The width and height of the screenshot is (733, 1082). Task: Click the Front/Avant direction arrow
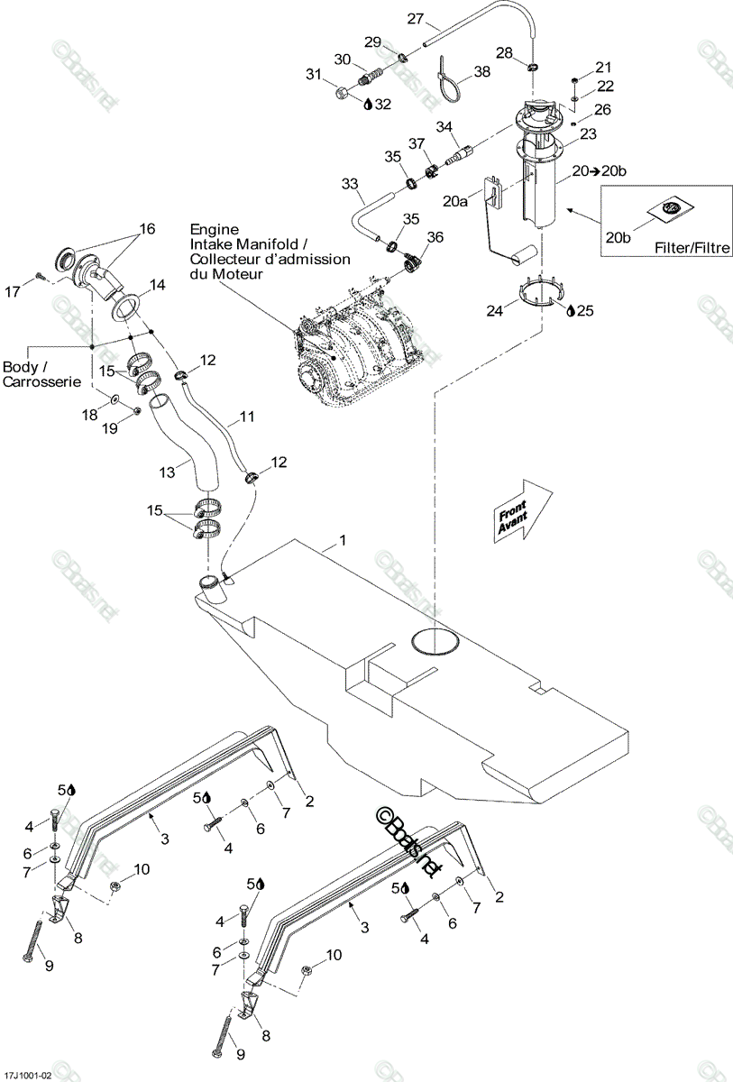[523, 511]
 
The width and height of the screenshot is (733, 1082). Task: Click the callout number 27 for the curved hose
[415, 19]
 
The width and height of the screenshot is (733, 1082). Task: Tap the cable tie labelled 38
[447, 79]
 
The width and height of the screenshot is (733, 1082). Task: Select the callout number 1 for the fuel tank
[343, 540]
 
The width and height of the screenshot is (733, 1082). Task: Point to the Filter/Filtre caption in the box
[692, 248]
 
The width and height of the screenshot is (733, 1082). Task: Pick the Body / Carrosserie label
[41, 374]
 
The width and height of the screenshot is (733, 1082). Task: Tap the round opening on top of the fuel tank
[435, 642]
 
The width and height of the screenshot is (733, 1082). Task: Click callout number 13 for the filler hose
[167, 472]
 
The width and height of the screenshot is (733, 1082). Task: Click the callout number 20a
[455, 201]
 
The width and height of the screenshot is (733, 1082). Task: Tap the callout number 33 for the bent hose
[350, 184]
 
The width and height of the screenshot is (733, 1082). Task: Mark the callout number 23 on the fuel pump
[588, 133]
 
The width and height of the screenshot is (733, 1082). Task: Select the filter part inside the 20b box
[670, 208]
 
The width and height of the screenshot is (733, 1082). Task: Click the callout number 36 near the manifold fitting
[435, 237]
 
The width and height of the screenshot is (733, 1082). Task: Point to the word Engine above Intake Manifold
[214, 229]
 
